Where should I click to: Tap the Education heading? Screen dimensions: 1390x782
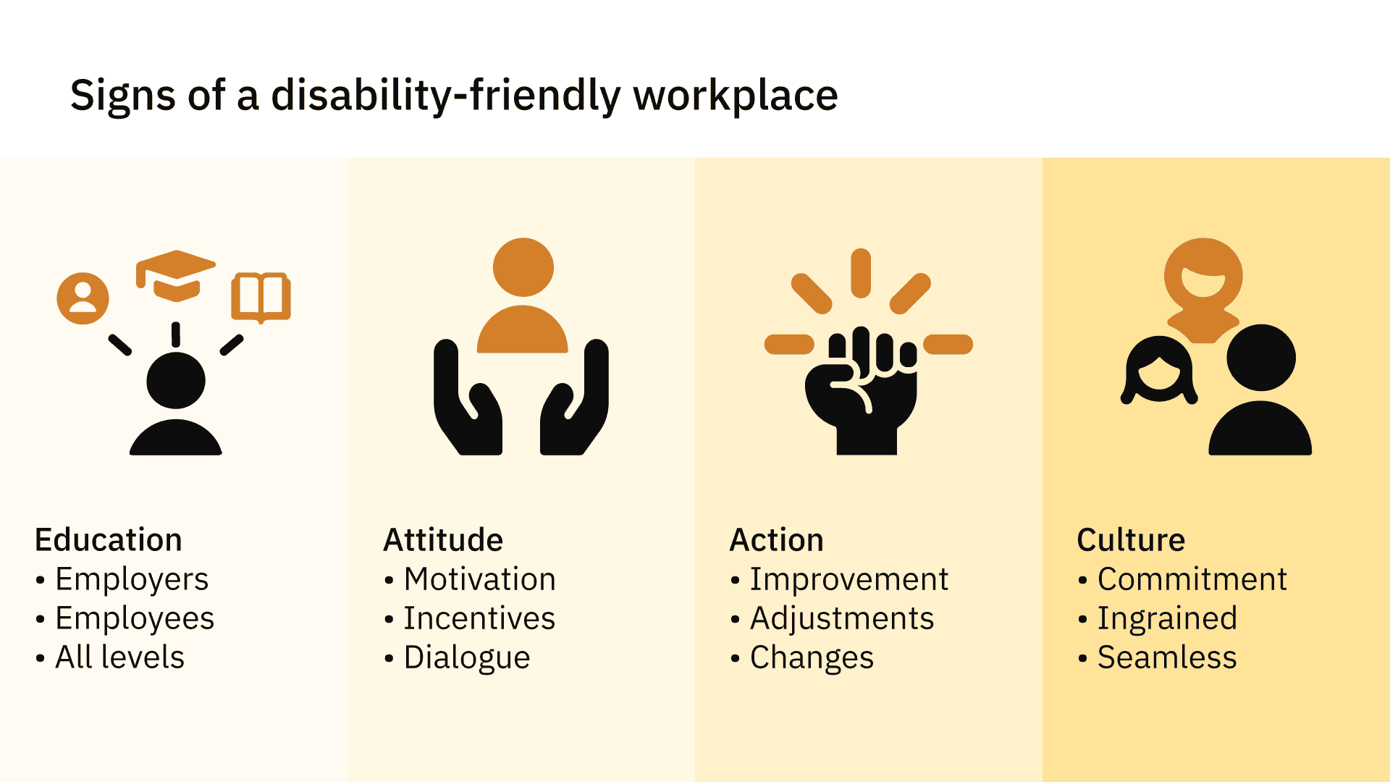[x=109, y=540]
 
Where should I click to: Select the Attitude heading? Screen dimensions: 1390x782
[x=443, y=540]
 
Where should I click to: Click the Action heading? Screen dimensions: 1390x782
[x=777, y=540]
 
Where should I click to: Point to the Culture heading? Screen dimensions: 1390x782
[x=1131, y=540]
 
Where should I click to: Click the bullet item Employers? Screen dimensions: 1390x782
[x=132, y=580]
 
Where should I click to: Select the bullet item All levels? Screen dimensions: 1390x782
[x=120, y=657]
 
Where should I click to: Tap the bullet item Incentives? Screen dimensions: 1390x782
[x=479, y=618]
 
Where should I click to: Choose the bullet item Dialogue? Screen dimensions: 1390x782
[x=467, y=658]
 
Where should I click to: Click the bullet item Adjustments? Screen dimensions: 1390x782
[x=842, y=619]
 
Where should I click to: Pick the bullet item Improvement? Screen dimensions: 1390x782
[x=849, y=580]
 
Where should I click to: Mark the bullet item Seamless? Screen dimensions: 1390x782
[x=1167, y=657]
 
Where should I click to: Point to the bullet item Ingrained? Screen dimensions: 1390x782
[x=1168, y=619]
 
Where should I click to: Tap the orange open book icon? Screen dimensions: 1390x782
[x=261, y=298]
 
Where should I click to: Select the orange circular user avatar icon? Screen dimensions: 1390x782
[x=83, y=298]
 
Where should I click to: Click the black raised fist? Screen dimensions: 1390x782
[x=862, y=392]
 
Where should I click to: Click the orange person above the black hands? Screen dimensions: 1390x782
[x=523, y=295]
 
